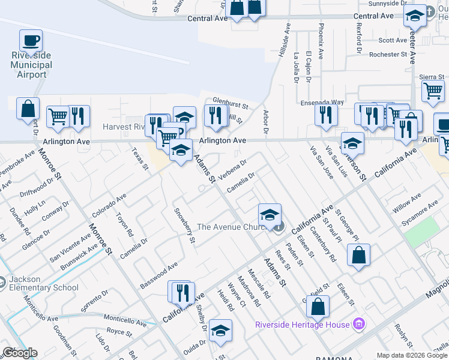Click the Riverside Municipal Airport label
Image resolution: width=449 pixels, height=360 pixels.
pyautogui.click(x=32, y=65)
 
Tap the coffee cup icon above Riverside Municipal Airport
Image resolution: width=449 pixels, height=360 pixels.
pyautogui.click(x=31, y=41)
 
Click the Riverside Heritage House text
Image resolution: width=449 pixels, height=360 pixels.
pyautogui.click(x=302, y=325)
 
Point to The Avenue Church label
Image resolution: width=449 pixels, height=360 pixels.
pyautogui.click(x=232, y=227)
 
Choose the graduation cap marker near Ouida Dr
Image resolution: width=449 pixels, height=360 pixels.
pyautogui.click(x=220, y=331)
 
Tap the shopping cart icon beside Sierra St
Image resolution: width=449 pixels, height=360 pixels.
pyautogui.click(x=433, y=91)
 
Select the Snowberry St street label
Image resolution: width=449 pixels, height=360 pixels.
pyautogui.click(x=184, y=226)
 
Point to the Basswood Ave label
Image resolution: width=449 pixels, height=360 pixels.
pyautogui.click(x=159, y=274)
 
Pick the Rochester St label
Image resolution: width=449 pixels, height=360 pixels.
pyautogui.click(x=388, y=55)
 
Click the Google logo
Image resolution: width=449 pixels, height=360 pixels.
pyautogui.click(x=20, y=353)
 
